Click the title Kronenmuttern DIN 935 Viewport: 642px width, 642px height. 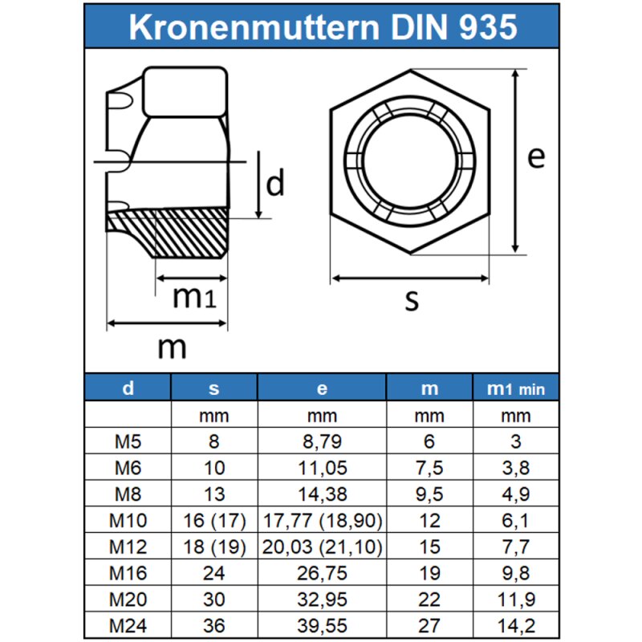click(321, 27)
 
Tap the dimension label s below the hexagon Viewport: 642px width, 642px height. click(412, 301)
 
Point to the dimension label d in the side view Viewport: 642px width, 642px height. click(275, 184)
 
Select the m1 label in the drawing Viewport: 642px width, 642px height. click(193, 297)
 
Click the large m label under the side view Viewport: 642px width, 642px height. click(172, 347)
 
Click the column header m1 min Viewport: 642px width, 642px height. click(515, 389)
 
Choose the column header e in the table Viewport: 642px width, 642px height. click(322, 389)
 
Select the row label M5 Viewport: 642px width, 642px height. click(128, 441)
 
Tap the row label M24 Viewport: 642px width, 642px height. click(128, 624)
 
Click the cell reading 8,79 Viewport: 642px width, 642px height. click(322, 441)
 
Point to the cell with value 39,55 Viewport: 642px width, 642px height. click(322, 624)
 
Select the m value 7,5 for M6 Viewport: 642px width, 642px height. click(430, 467)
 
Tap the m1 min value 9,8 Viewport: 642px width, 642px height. click(515, 572)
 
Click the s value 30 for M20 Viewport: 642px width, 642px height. click(213, 599)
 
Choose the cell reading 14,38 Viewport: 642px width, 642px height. click(322, 494)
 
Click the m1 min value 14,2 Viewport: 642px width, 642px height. click(515, 624)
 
